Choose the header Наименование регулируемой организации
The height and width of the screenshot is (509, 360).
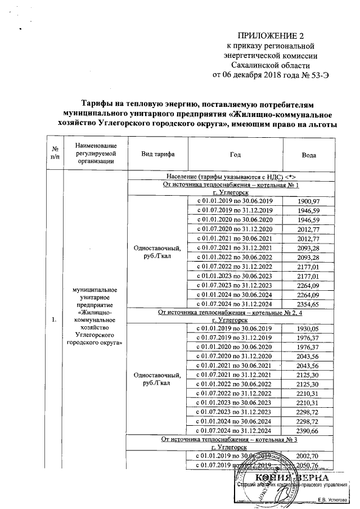94,154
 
